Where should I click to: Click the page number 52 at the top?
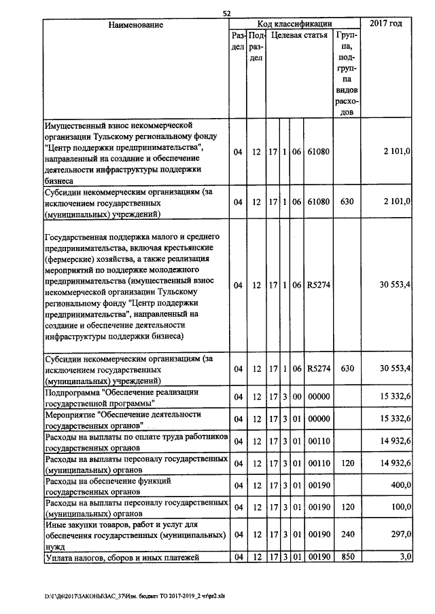[227, 13]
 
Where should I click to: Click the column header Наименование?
[136, 24]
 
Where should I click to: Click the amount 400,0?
[399, 484]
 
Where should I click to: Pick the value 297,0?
[399, 535]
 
